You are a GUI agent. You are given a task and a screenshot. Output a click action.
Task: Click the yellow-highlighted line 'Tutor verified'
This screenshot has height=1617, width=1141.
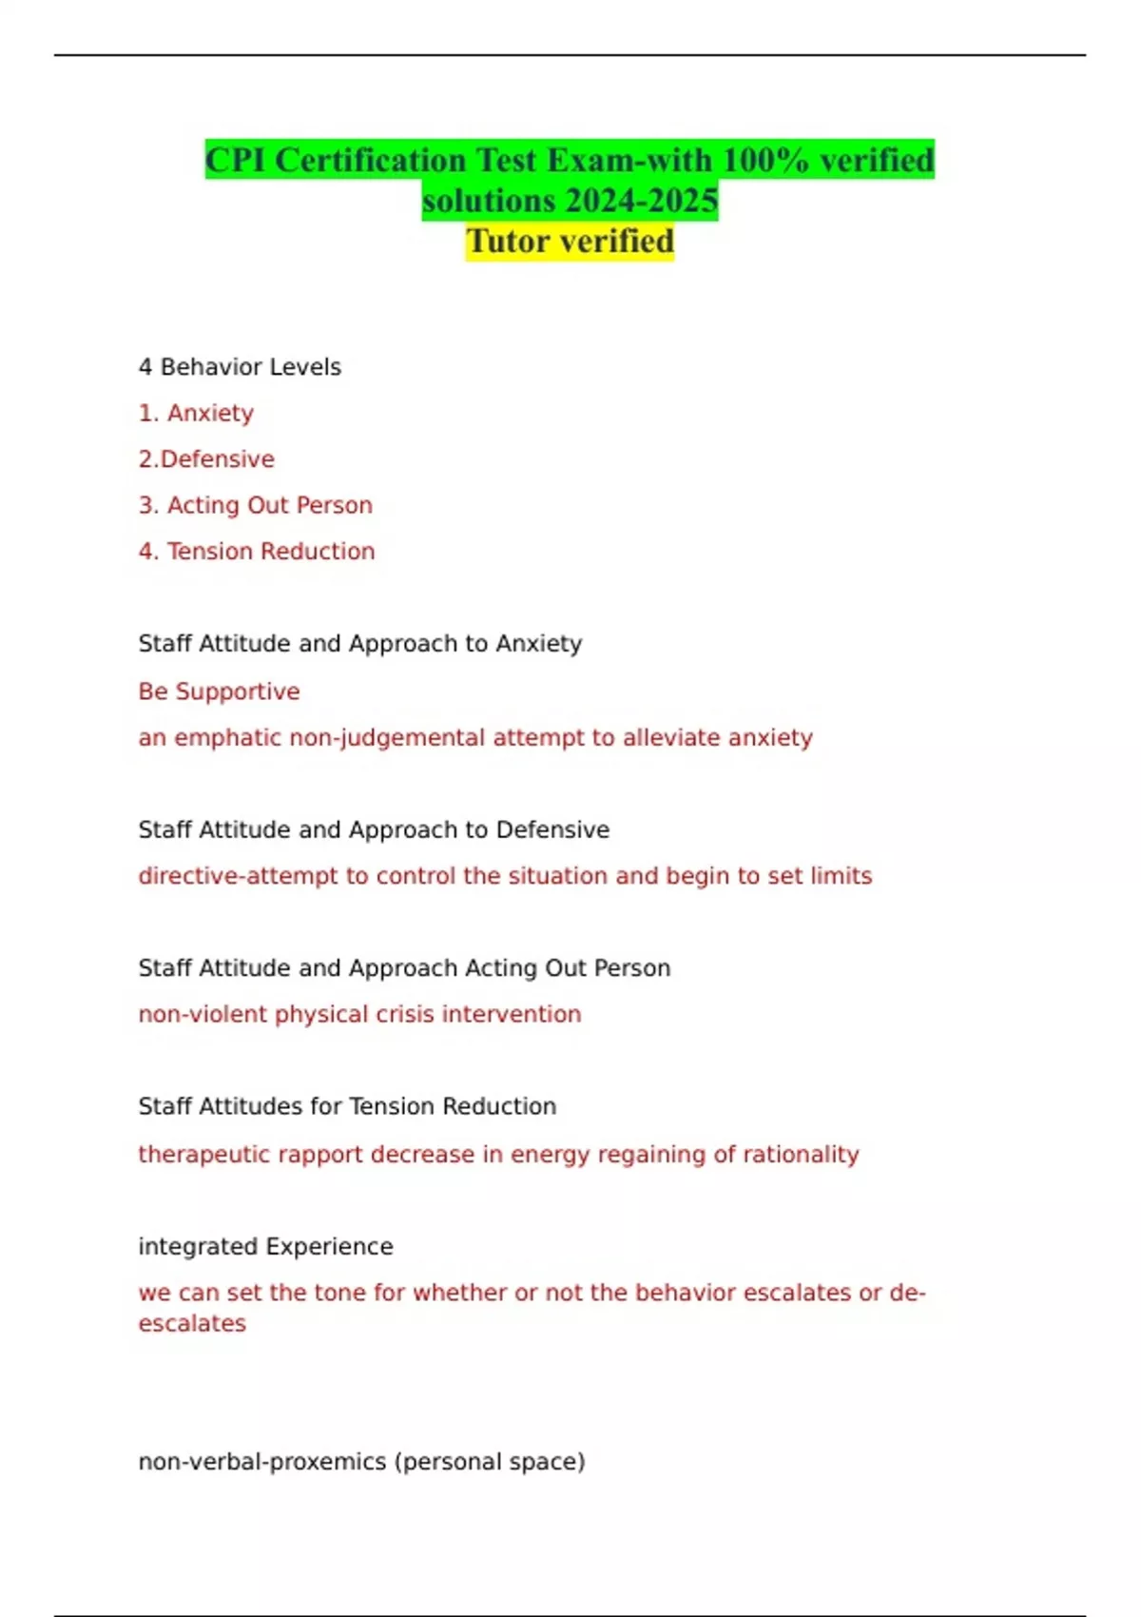[570, 242]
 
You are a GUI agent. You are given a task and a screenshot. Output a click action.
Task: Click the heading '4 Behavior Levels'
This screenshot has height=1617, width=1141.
[240, 367]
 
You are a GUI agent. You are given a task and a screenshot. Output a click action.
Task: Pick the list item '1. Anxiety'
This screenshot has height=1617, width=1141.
[196, 413]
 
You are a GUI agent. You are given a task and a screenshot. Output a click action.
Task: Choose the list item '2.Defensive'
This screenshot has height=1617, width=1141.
[206, 459]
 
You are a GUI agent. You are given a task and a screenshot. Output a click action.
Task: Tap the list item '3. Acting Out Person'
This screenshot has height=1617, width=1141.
[255, 505]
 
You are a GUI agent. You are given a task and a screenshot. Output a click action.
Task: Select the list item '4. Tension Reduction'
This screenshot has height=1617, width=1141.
[257, 552]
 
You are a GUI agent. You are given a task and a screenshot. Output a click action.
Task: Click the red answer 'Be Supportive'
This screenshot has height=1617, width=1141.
[219, 692]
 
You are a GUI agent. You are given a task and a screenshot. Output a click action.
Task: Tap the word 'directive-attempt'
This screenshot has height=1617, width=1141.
[238, 876]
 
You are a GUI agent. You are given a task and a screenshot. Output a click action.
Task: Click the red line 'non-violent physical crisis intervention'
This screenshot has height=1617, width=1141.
[359, 1015]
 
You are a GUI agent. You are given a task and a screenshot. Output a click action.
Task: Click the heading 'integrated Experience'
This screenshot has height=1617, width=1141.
[265, 1247]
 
